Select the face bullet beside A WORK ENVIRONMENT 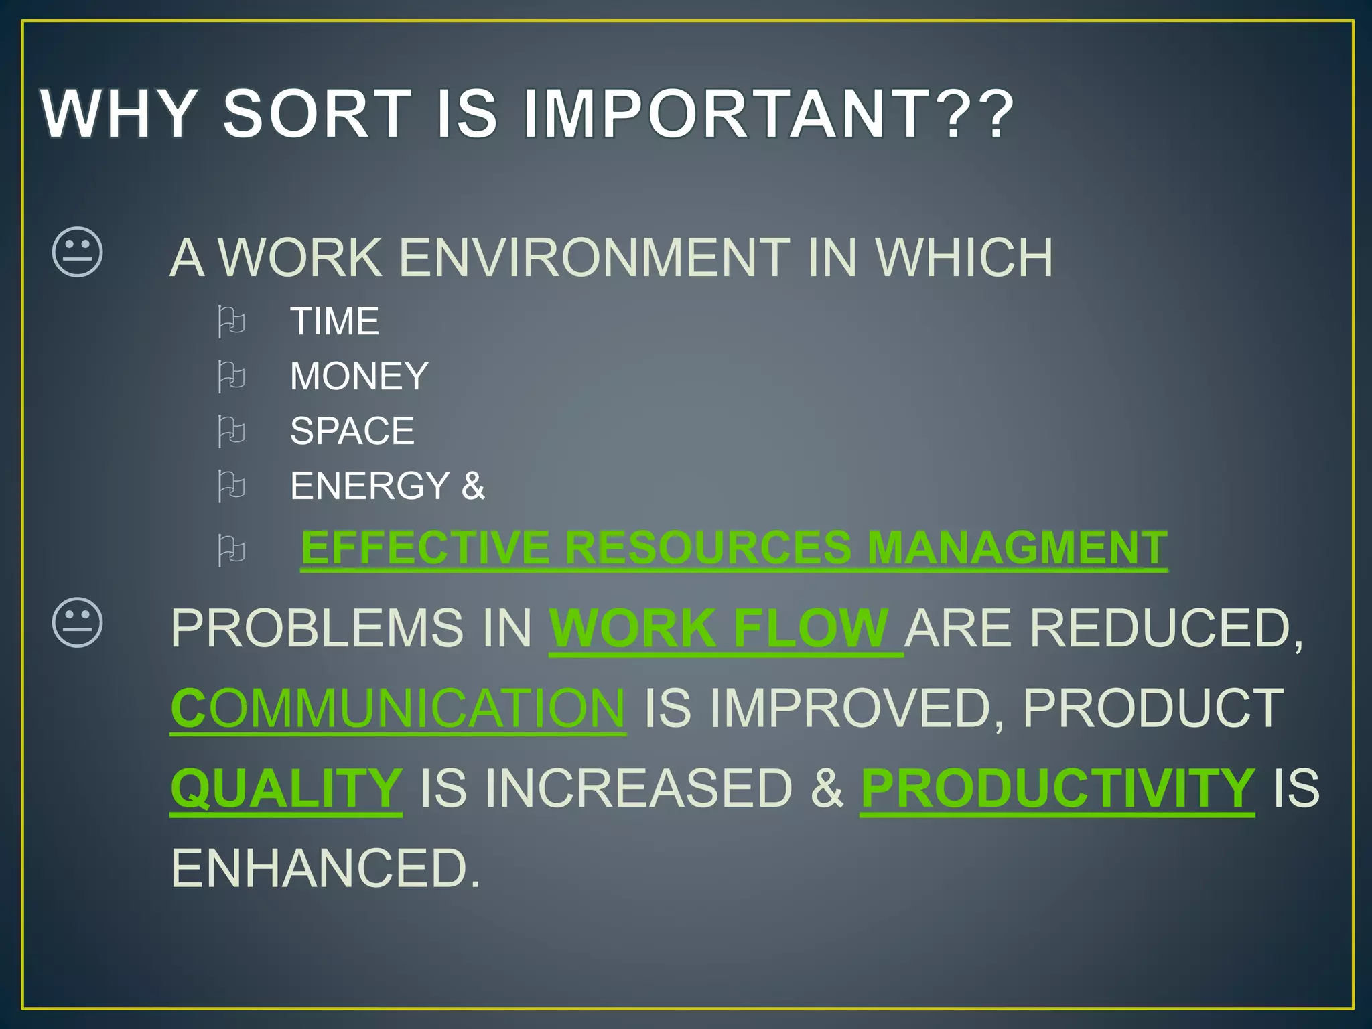[78, 252]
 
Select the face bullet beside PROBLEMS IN [78, 622]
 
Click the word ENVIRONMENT [594, 257]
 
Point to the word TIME [334, 321]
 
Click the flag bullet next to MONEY [231, 376]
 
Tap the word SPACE [352, 431]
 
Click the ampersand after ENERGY [472, 485]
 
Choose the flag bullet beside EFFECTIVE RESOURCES [231, 551]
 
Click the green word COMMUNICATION [398, 708]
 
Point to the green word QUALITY [286, 788]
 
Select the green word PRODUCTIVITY [1057, 788]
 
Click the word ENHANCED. [326, 868]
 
